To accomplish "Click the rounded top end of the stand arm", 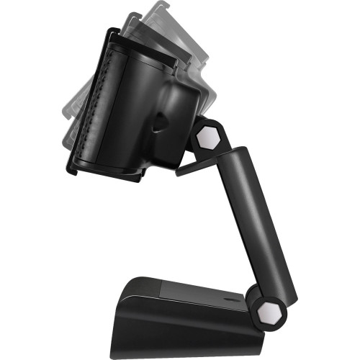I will tap(235, 153).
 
